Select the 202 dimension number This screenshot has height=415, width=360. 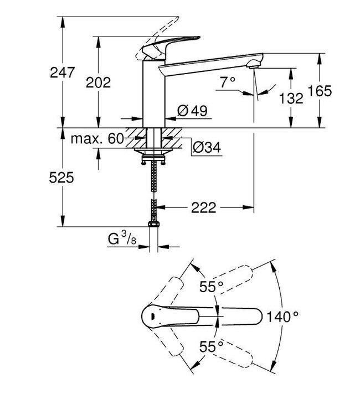pos(99,82)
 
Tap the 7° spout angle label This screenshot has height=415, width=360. pos(228,83)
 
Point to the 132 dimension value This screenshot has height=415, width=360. pos(291,98)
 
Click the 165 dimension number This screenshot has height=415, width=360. pos(320,91)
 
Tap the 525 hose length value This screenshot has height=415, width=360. pos(61,178)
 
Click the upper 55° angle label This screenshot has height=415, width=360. pos(211,287)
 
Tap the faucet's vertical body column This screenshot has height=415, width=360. pos(153,94)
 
